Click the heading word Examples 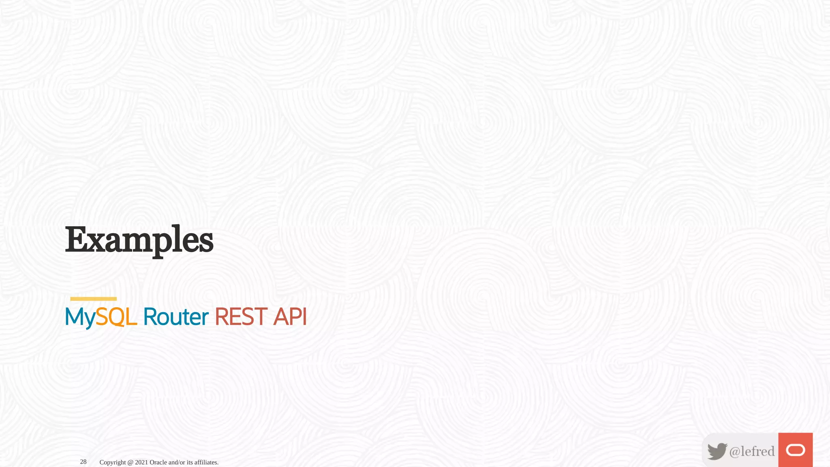pyautogui.click(x=139, y=240)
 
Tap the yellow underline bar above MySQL pyautogui.click(x=93, y=299)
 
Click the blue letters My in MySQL pyautogui.click(x=80, y=317)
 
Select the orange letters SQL pyautogui.click(x=116, y=317)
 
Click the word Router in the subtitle pyautogui.click(x=175, y=317)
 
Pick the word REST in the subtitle pyautogui.click(x=241, y=317)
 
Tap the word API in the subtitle pyautogui.click(x=290, y=317)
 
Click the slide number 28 pyautogui.click(x=83, y=462)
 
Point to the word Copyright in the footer pyautogui.click(x=113, y=462)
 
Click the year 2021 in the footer pyautogui.click(x=141, y=462)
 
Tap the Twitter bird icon pyautogui.click(x=717, y=451)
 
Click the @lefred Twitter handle pyautogui.click(x=752, y=451)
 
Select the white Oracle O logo pyautogui.click(x=795, y=450)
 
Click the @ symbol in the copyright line pyautogui.click(x=130, y=462)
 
